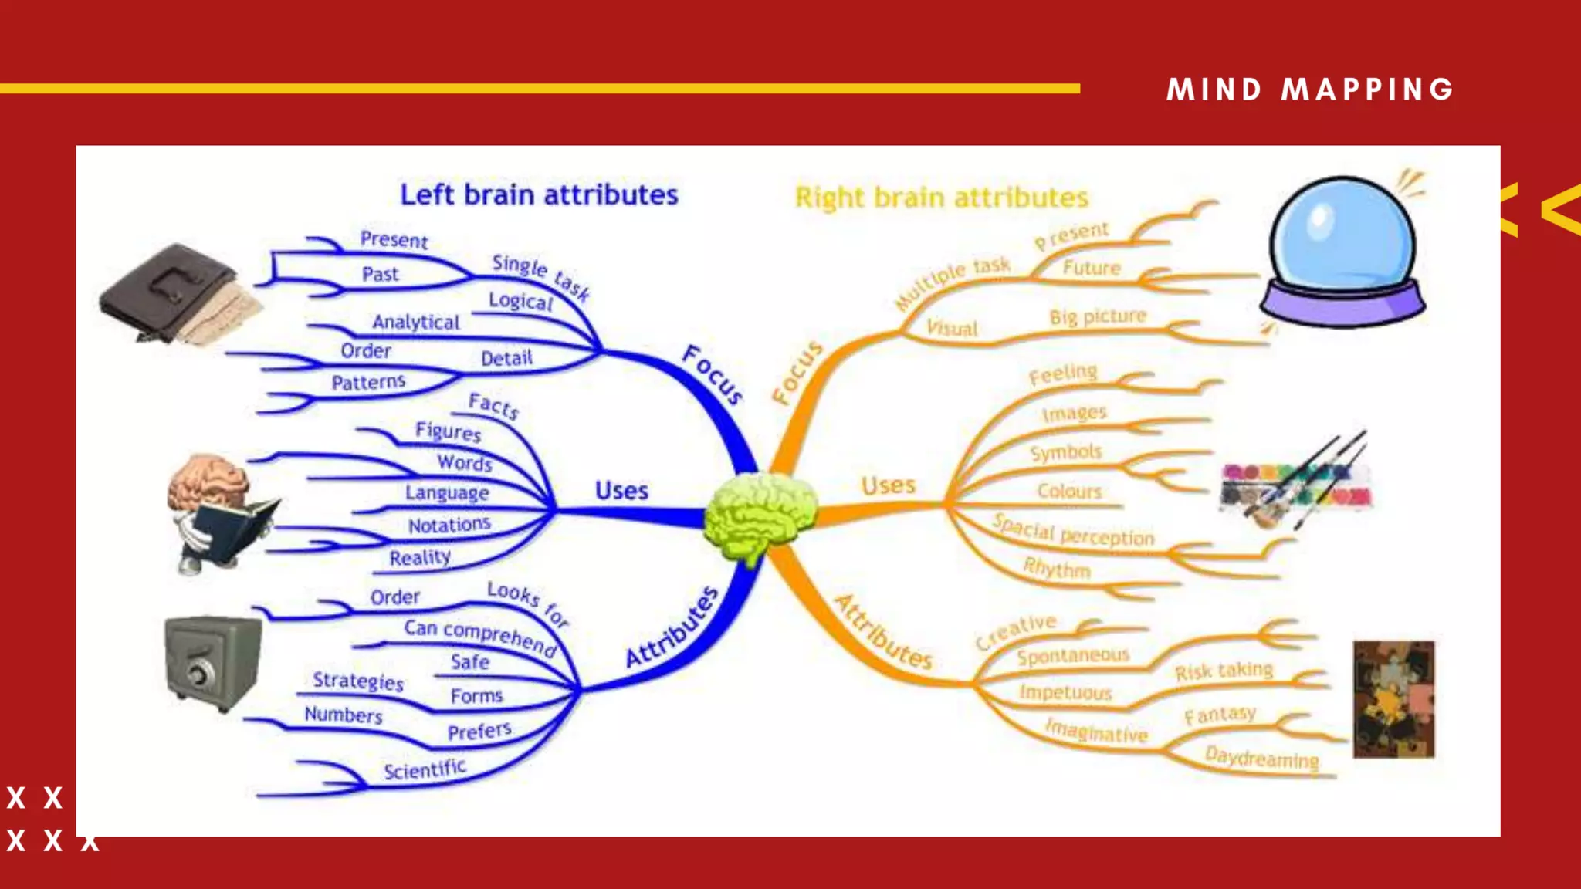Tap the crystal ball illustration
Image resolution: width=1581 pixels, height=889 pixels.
(1342, 251)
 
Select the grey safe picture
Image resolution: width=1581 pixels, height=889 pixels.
(212, 661)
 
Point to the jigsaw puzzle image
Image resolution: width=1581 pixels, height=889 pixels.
(1393, 699)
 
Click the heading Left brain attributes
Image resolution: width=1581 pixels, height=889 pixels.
(539, 194)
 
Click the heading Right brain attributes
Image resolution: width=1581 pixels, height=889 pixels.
(942, 198)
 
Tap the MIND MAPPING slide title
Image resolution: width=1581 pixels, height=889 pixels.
(1310, 90)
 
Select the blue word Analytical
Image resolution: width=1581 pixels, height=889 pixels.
(415, 322)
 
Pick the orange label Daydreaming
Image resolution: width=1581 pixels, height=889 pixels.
(1261, 758)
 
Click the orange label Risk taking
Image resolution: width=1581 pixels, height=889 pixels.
(1224, 671)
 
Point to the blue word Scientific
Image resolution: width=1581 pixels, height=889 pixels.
(425, 769)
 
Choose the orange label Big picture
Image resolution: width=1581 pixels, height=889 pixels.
(1097, 316)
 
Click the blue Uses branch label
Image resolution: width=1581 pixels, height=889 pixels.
(621, 491)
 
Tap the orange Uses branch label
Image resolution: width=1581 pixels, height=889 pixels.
(889, 485)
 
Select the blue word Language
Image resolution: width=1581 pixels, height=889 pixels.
(447, 492)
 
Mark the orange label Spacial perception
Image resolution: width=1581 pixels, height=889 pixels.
(1074, 531)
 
